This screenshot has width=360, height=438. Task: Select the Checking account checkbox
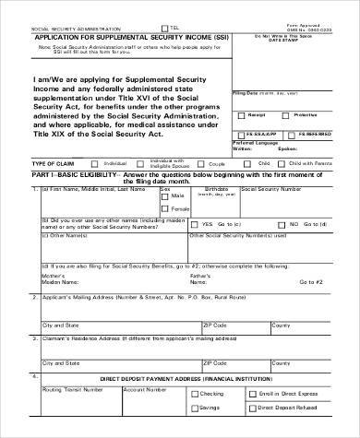pos(192,392)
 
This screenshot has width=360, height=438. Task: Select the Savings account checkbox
pos(192,408)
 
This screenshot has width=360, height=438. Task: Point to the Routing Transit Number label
pos(74,388)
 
